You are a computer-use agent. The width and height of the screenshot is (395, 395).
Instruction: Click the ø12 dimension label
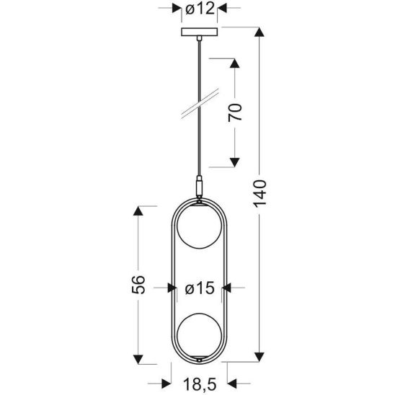click(x=197, y=9)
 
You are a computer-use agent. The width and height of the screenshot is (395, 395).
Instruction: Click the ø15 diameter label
click(x=198, y=288)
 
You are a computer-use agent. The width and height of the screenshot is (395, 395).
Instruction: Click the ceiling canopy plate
click(x=197, y=33)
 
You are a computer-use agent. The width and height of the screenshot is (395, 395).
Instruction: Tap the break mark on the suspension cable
click(x=197, y=103)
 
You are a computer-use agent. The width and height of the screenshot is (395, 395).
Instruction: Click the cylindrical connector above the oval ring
click(x=198, y=188)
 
